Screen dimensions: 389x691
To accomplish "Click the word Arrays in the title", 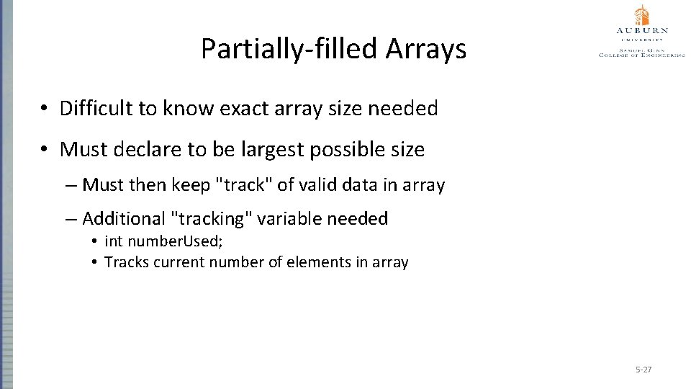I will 426,49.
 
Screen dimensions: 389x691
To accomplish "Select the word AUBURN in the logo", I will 642,31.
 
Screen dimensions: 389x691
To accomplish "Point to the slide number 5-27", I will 643,370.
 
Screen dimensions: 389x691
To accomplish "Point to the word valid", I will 319,185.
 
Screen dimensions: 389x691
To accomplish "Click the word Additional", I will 124,218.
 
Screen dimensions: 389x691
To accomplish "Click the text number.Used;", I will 163,241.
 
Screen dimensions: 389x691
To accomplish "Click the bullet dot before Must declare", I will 45,150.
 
